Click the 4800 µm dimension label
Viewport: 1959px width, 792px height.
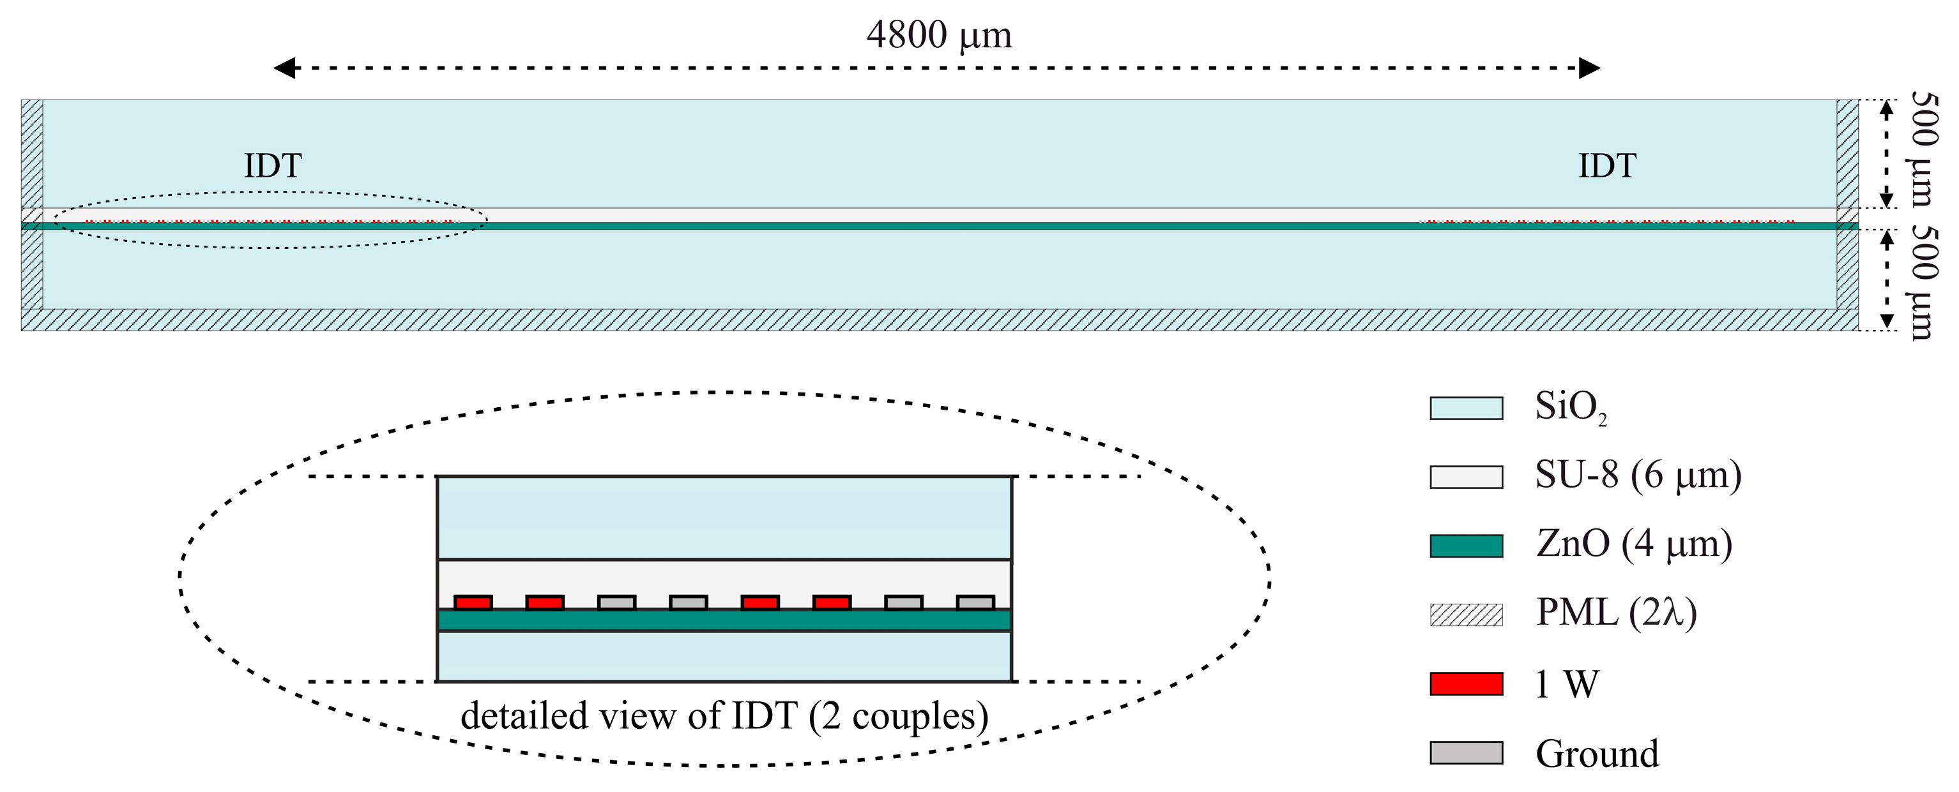click(x=939, y=36)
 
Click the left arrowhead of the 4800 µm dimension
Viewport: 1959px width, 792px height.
click(x=284, y=68)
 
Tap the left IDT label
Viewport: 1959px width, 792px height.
click(x=272, y=166)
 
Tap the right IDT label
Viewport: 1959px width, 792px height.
click(x=1607, y=166)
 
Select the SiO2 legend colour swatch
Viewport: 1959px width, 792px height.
click(x=1465, y=408)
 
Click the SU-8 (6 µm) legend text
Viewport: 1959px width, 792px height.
click(x=1638, y=476)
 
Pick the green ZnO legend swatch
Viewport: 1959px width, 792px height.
click(x=1465, y=546)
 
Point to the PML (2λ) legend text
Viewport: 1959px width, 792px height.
click(x=1616, y=613)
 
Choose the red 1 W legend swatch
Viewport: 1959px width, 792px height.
click(x=1465, y=684)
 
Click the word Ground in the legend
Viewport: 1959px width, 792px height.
click(x=1597, y=754)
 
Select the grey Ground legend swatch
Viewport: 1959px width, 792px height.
click(x=1465, y=752)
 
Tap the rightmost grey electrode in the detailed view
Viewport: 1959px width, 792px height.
click(x=975, y=602)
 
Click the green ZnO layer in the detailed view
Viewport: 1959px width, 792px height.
click(x=724, y=620)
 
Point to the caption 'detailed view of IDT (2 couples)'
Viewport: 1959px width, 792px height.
click(x=724, y=716)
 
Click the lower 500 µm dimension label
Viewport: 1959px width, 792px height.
click(x=1923, y=283)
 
